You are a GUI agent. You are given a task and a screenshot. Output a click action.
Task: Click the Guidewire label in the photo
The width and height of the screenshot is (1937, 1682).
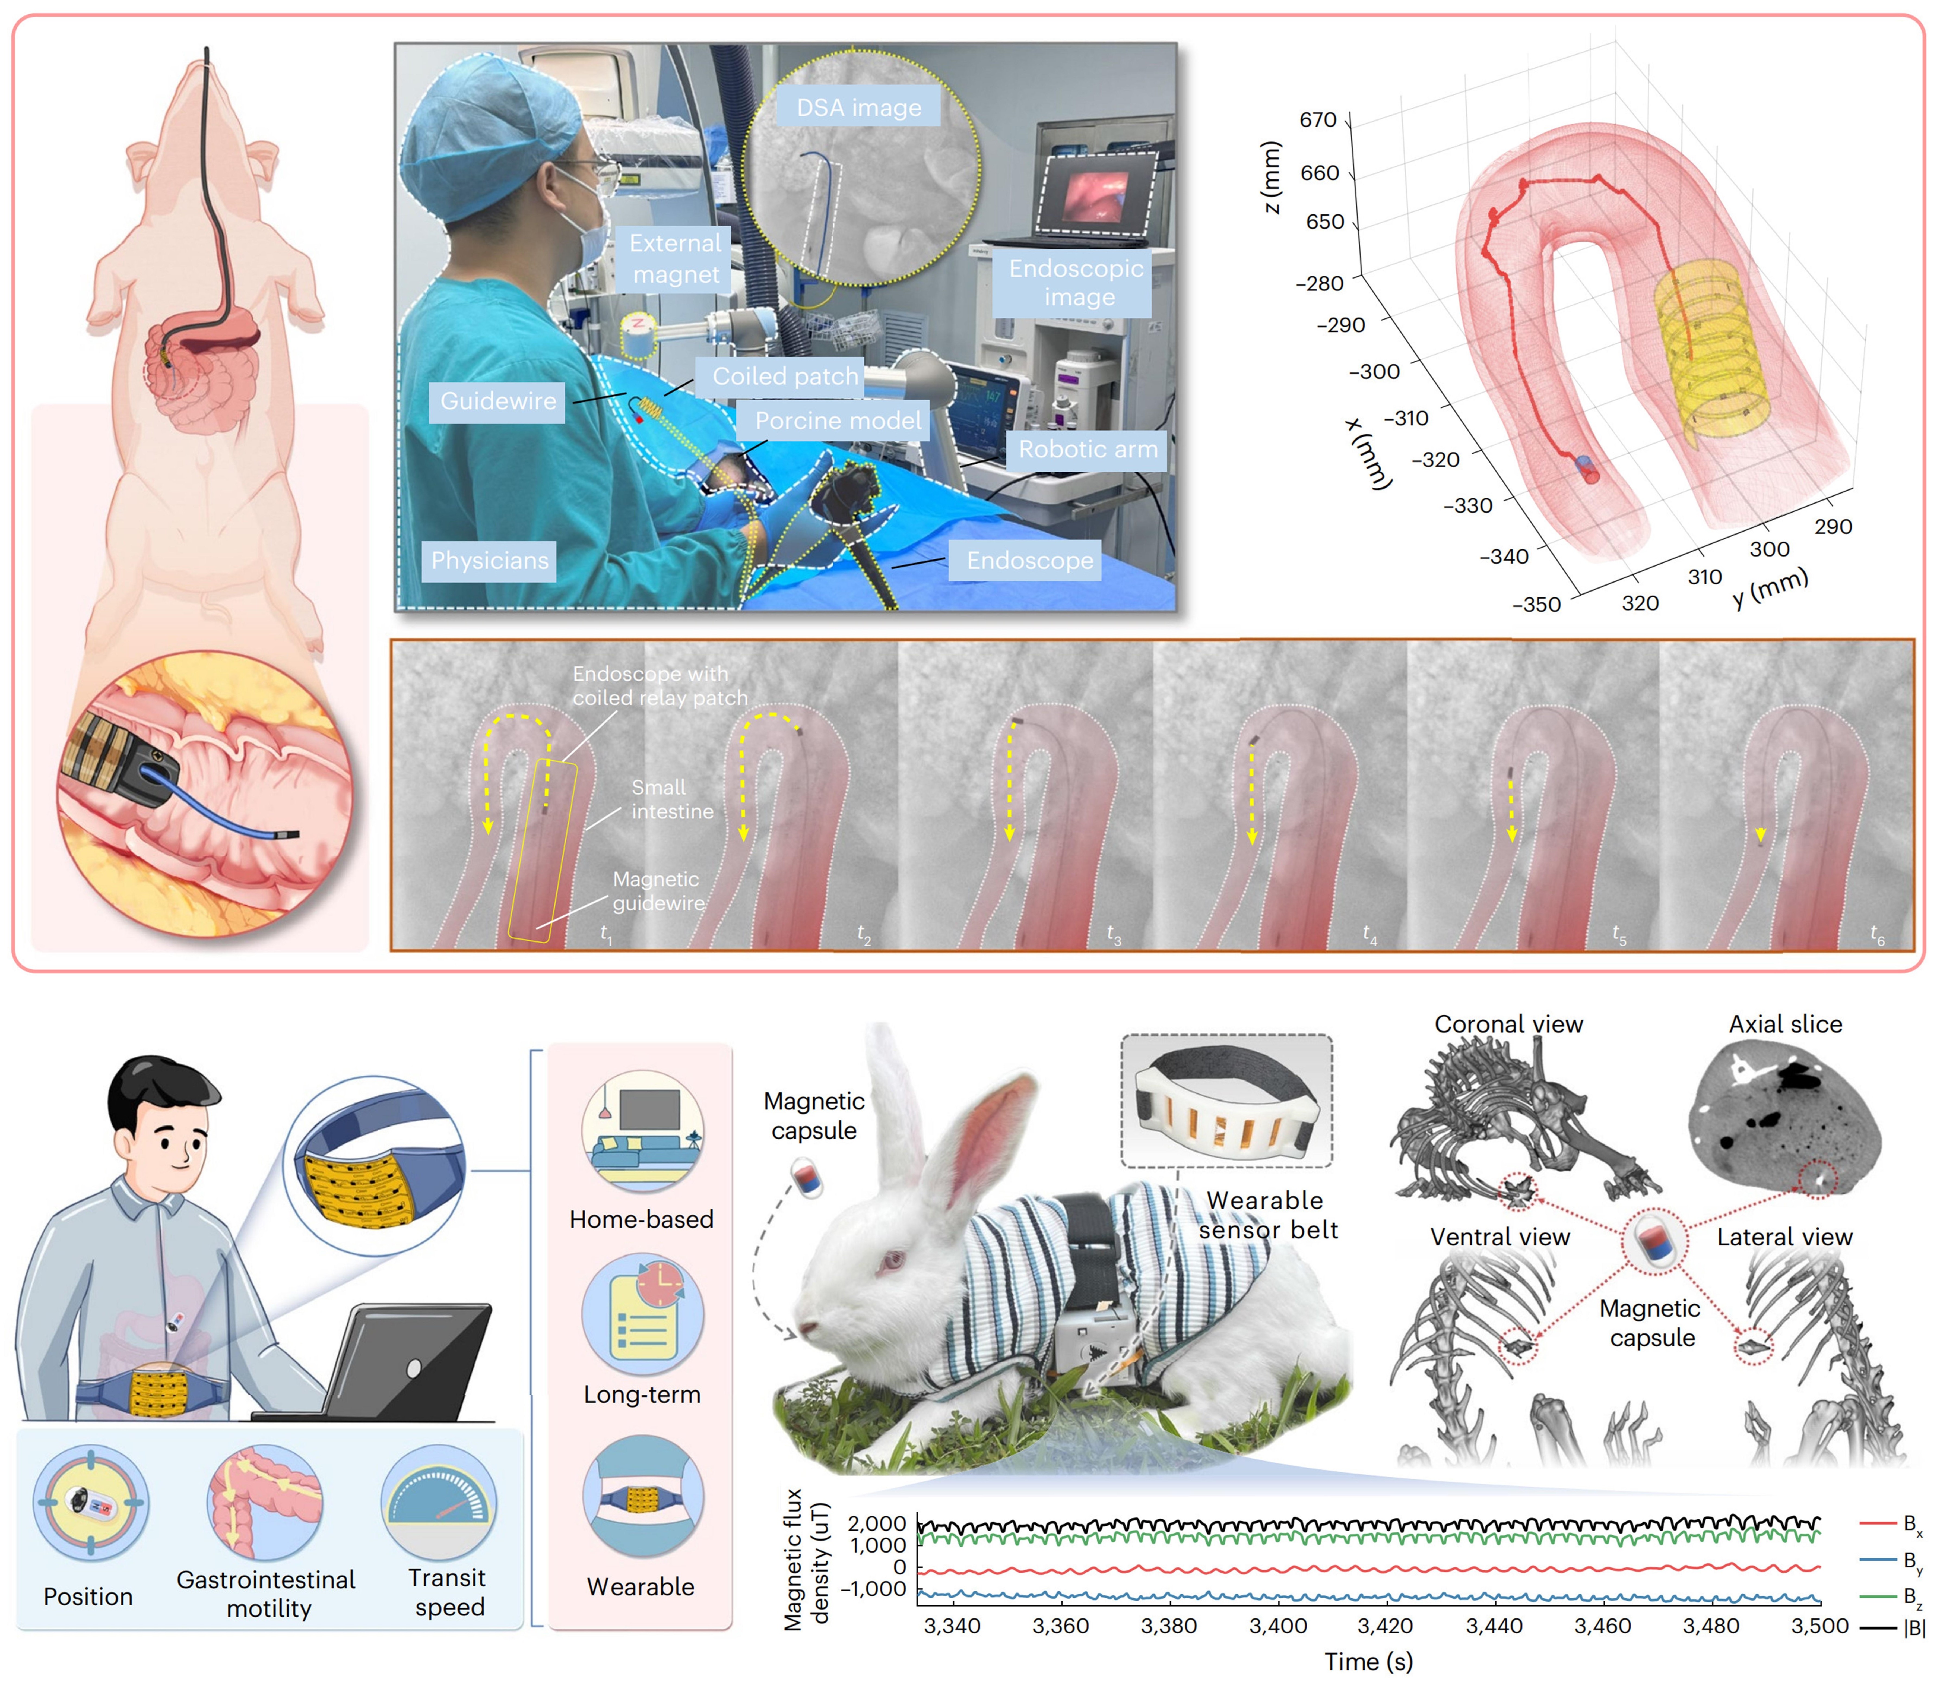click(497, 401)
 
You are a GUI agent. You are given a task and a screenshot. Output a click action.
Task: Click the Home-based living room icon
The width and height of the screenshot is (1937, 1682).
click(642, 1131)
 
